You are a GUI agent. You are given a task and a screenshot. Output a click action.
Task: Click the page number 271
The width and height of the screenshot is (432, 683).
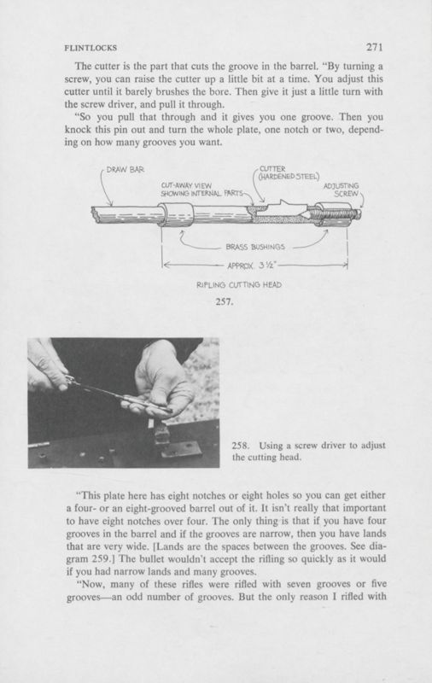tap(375, 48)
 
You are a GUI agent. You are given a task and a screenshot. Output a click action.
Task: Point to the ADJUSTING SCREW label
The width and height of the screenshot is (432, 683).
tap(342, 190)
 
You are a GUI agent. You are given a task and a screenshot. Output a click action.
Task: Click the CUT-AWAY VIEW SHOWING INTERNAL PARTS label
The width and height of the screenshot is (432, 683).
tap(199, 189)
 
